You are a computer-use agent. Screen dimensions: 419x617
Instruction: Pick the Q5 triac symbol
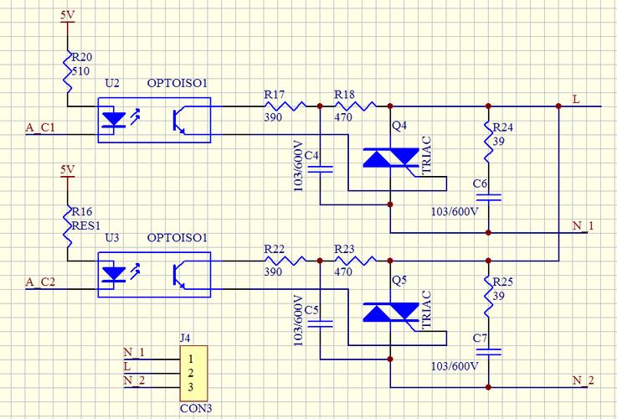(x=390, y=313)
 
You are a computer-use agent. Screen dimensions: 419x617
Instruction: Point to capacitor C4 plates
(x=321, y=168)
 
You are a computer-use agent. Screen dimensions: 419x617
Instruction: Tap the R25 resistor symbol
(x=488, y=293)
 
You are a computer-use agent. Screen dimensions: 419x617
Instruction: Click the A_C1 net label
(x=40, y=127)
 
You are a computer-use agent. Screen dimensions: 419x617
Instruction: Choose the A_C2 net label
(x=40, y=281)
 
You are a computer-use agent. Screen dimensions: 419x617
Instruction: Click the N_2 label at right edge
(x=584, y=380)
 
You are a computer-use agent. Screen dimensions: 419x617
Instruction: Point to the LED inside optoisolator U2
(x=114, y=120)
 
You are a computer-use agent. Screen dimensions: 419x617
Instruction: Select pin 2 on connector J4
(x=191, y=372)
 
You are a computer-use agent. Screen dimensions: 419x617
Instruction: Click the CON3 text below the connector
(x=196, y=409)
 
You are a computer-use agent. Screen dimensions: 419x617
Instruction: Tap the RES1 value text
(x=85, y=225)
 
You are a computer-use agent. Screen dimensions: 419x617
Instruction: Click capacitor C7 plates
(x=488, y=351)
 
